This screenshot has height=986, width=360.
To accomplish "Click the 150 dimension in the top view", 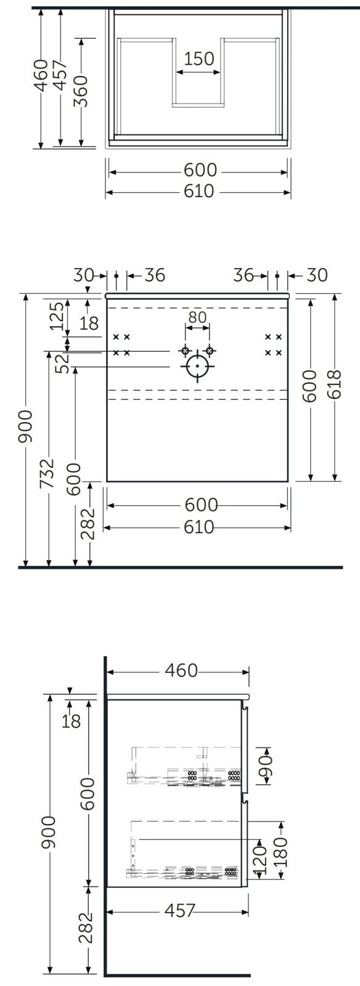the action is pos(198,59).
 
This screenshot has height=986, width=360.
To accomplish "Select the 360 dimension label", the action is pos(81,91).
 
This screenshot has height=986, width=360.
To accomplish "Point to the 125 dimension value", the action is pos(57,316).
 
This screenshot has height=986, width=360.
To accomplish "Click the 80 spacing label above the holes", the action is pos(197,317).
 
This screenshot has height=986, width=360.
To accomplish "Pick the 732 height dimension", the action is pos(47,473).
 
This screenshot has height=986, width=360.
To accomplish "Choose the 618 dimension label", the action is pos(335,385).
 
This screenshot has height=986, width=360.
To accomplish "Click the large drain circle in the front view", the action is pos(197,366).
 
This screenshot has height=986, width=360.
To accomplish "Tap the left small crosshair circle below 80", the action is pos(186,351).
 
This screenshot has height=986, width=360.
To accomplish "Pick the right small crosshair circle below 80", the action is pos(210,351).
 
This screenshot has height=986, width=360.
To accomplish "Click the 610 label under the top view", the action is pos(199,192).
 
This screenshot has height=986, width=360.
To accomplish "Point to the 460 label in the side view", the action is pos(181,670).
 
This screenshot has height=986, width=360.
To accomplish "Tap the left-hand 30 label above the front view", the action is pos(84,275).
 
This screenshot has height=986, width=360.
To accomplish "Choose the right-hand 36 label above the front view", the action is pos(244,275).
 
